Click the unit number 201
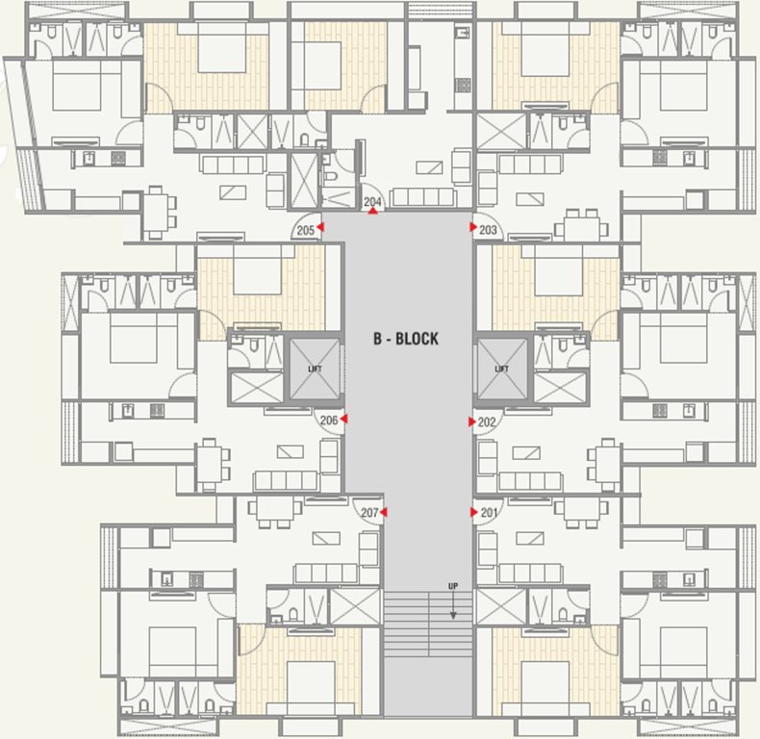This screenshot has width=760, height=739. click(489, 513)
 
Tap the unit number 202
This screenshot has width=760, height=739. click(488, 421)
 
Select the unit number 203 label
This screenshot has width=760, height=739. click(489, 229)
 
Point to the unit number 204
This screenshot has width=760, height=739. click(373, 201)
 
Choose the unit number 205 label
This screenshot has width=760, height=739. click(306, 229)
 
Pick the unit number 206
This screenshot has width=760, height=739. click(328, 420)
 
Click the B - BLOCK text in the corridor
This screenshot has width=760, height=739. click(406, 339)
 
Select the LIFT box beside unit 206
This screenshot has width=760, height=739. click(315, 369)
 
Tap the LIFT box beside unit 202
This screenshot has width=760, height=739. click(501, 369)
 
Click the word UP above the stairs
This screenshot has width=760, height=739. click(452, 586)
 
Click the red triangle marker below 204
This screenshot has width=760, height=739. click(373, 211)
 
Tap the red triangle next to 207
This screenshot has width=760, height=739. click(383, 513)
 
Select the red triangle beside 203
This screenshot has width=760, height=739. click(473, 228)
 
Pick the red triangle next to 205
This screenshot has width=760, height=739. click(321, 228)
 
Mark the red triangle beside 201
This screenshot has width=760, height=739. click(473, 513)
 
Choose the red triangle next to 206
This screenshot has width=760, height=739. click(343, 420)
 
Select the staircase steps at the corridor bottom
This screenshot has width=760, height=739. click(428, 625)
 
